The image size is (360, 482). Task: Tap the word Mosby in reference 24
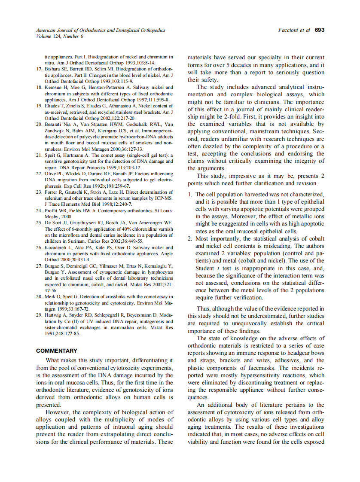coord(52,217)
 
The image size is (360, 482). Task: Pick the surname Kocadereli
coord(59,247)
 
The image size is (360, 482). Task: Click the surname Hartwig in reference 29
coord(53,315)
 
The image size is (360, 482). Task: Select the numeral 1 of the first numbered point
coord(190,195)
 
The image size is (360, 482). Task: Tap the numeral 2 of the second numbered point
coord(190,238)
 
